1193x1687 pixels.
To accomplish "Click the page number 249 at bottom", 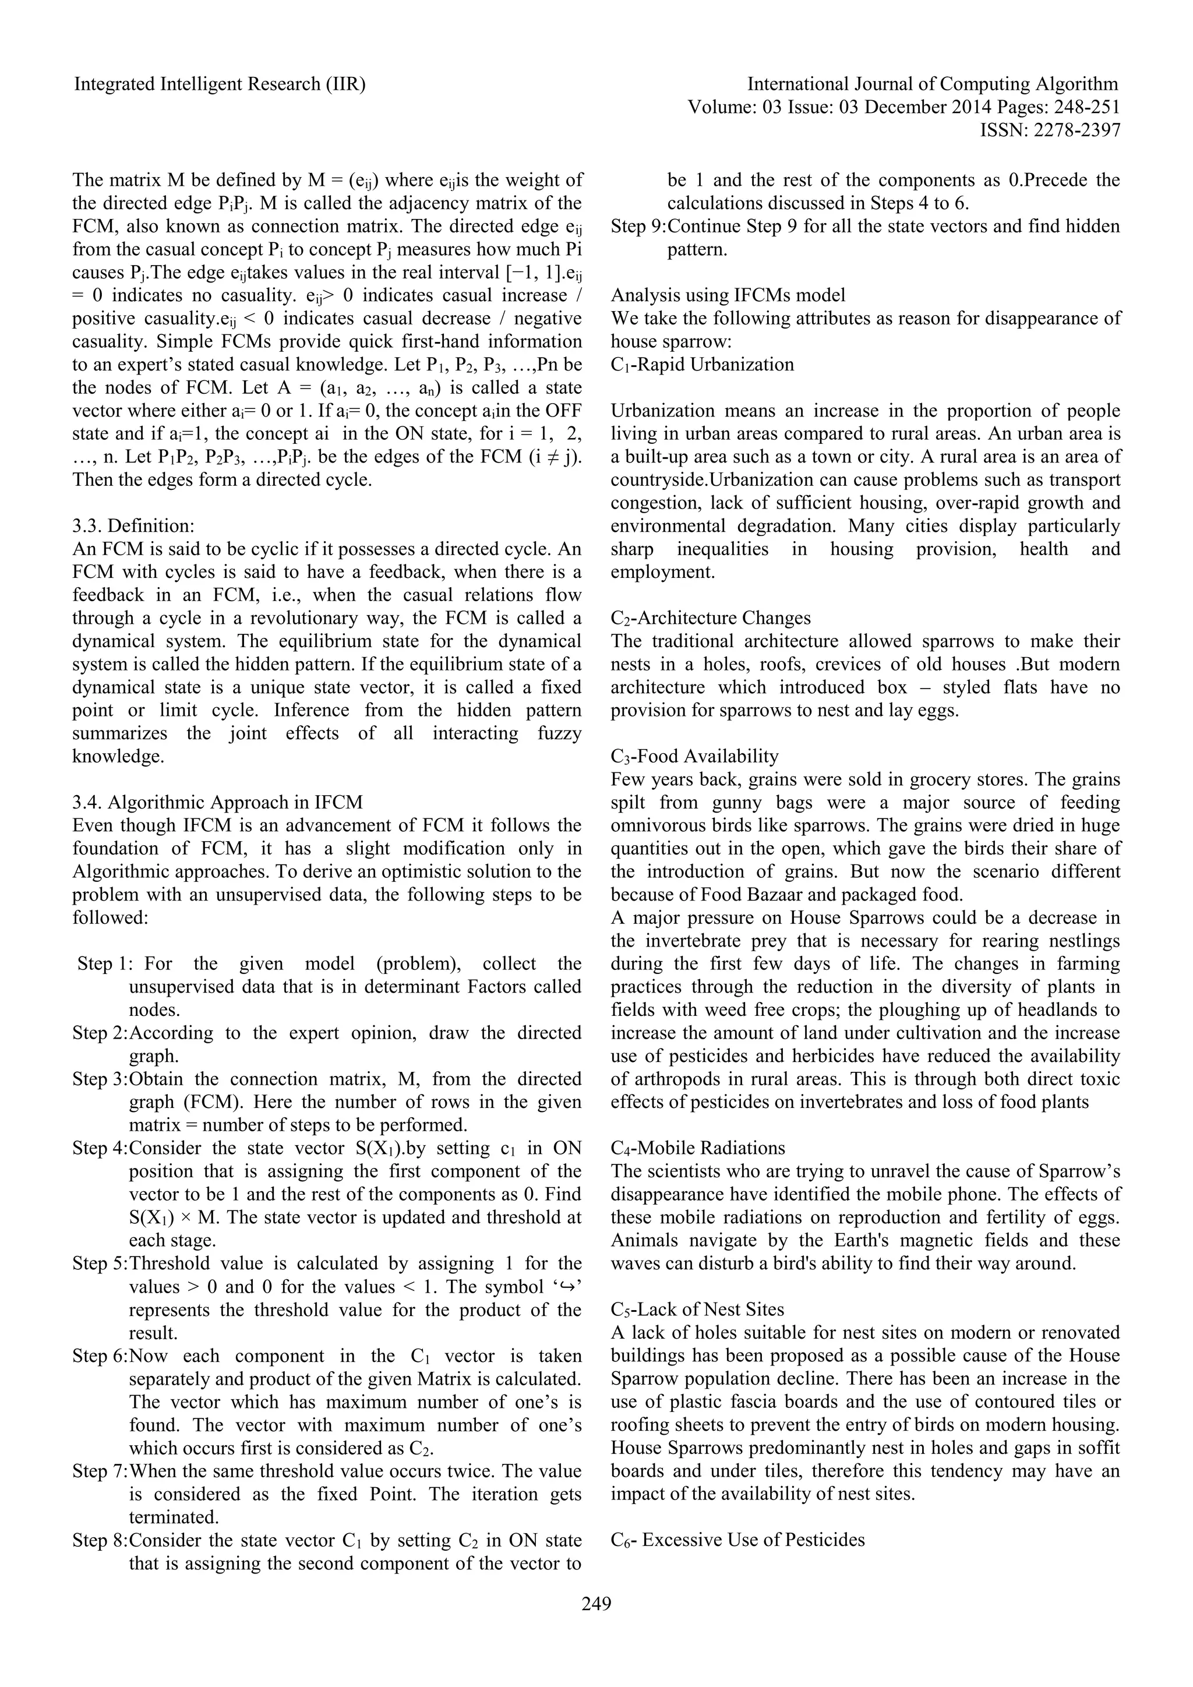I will (596, 1604).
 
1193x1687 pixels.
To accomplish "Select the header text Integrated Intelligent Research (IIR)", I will (220, 84).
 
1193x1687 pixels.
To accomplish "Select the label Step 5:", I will (100, 1263).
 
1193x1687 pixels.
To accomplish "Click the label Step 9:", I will (638, 226).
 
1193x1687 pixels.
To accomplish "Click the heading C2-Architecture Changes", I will (710, 618).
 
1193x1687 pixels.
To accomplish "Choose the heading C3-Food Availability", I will (694, 756).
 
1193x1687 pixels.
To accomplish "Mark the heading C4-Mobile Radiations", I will (698, 1148).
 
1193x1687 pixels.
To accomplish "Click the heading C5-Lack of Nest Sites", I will (697, 1310).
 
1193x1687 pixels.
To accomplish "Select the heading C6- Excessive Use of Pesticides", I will (737, 1539).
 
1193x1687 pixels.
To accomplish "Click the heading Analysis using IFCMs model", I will (728, 295).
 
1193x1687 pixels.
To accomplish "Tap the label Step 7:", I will (100, 1471).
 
